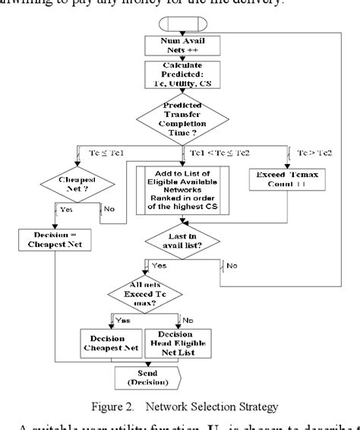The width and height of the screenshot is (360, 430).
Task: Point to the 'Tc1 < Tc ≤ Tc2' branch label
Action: tap(215, 153)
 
